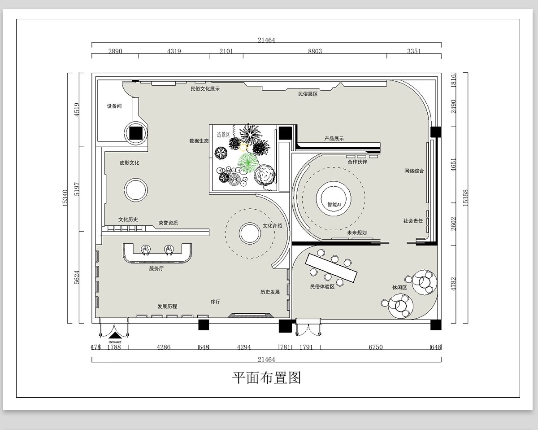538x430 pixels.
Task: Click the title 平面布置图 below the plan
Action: point(266,377)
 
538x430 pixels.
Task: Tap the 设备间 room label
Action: point(114,106)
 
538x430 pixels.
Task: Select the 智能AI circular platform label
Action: point(334,204)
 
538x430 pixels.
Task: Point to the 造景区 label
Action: point(223,134)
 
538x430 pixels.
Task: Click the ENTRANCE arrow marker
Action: point(115,335)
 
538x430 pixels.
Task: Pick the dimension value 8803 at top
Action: point(315,51)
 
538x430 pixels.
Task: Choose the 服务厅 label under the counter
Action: point(156,269)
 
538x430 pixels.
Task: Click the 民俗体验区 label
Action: point(322,286)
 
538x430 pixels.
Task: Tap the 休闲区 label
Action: point(399,288)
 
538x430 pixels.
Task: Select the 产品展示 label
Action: point(334,139)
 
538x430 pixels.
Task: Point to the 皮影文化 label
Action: point(129,162)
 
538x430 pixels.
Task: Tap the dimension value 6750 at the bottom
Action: point(375,347)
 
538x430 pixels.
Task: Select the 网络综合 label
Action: point(414,171)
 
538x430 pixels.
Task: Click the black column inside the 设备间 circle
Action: point(136,132)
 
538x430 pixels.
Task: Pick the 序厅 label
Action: point(216,302)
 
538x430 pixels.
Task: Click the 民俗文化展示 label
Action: point(205,89)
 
